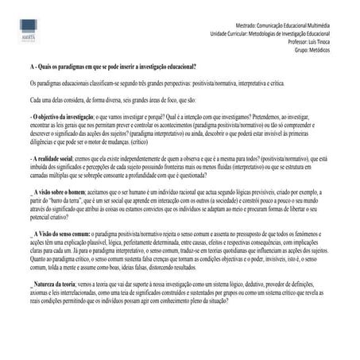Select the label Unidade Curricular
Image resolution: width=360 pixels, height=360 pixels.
click(236, 33)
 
